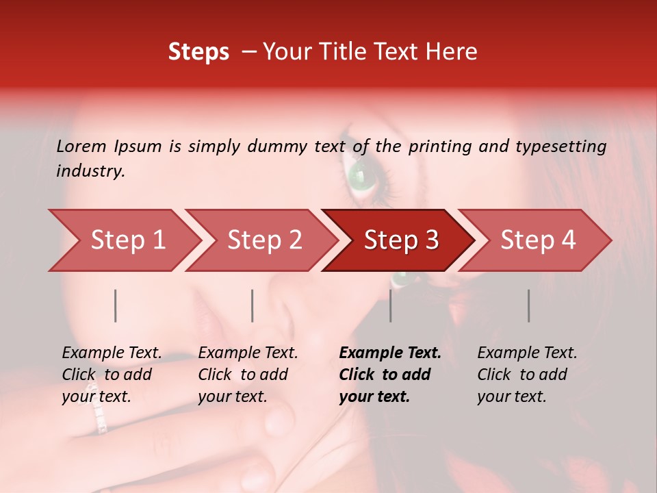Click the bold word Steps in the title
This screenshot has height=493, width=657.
[x=198, y=52]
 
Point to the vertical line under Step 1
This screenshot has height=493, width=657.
[x=116, y=305]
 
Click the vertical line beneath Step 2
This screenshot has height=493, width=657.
[x=253, y=305]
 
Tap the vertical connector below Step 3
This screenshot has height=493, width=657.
[x=390, y=305]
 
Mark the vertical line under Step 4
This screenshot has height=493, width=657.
[x=528, y=305]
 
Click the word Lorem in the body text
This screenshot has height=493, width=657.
[x=81, y=146]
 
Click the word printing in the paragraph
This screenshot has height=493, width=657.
[x=442, y=146]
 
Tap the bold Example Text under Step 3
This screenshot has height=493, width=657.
[x=390, y=353]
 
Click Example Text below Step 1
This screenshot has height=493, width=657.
[x=112, y=353]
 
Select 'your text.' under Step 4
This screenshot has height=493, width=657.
[x=511, y=396]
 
